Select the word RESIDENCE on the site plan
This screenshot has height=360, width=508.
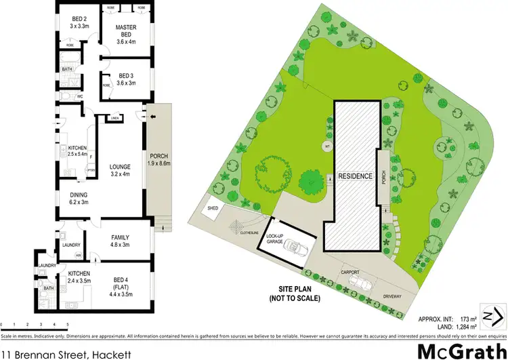click(356, 176)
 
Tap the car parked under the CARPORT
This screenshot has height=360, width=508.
click(362, 282)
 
